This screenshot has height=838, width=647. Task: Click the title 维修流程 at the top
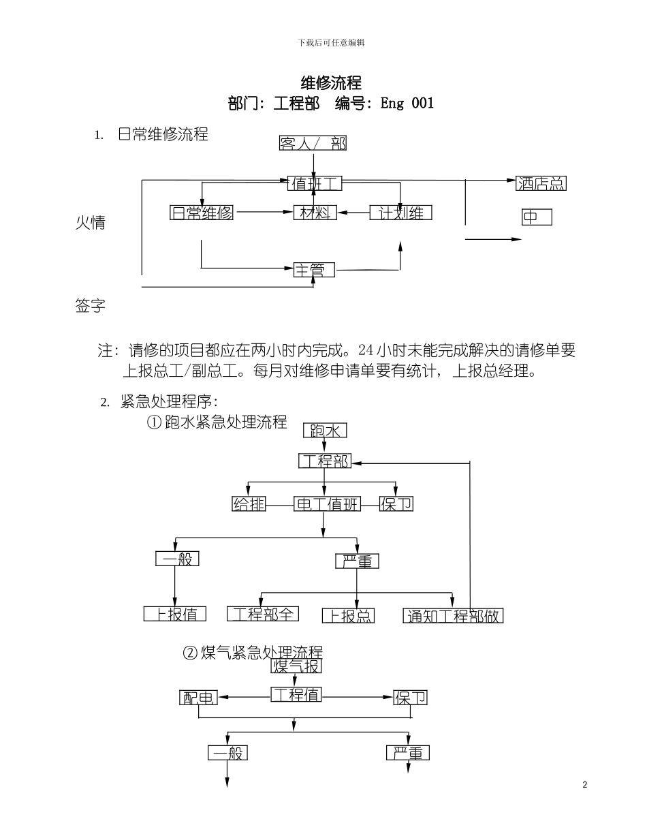(x=331, y=83)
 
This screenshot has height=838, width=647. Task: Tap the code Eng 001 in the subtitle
(x=407, y=104)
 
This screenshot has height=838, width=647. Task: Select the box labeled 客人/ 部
(x=313, y=143)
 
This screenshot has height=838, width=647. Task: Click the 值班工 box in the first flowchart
(x=314, y=183)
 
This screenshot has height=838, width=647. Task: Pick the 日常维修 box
(x=202, y=213)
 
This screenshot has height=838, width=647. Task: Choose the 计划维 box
(x=400, y=213)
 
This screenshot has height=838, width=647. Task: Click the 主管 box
(x=314, y=270)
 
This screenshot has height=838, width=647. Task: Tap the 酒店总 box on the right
(x=541, y=183)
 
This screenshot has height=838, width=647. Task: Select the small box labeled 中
(x=536, y=217)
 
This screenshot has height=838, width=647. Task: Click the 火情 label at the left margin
(x=90, y=223)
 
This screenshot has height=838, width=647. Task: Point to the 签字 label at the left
(x=90, y=306)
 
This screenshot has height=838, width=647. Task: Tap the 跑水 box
(x=325, y=431)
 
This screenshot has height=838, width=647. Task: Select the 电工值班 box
(x=327, y=504)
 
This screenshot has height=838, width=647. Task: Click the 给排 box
(x=249, y=504)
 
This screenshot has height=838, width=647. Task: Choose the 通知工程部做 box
(x=453, y=616)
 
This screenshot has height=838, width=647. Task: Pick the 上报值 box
(x=175, y=614)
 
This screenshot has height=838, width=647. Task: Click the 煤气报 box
(x=296, y=666)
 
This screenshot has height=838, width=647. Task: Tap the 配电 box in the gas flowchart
(x=198, y=698)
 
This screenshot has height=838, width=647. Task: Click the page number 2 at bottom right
(x=585, y=785)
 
